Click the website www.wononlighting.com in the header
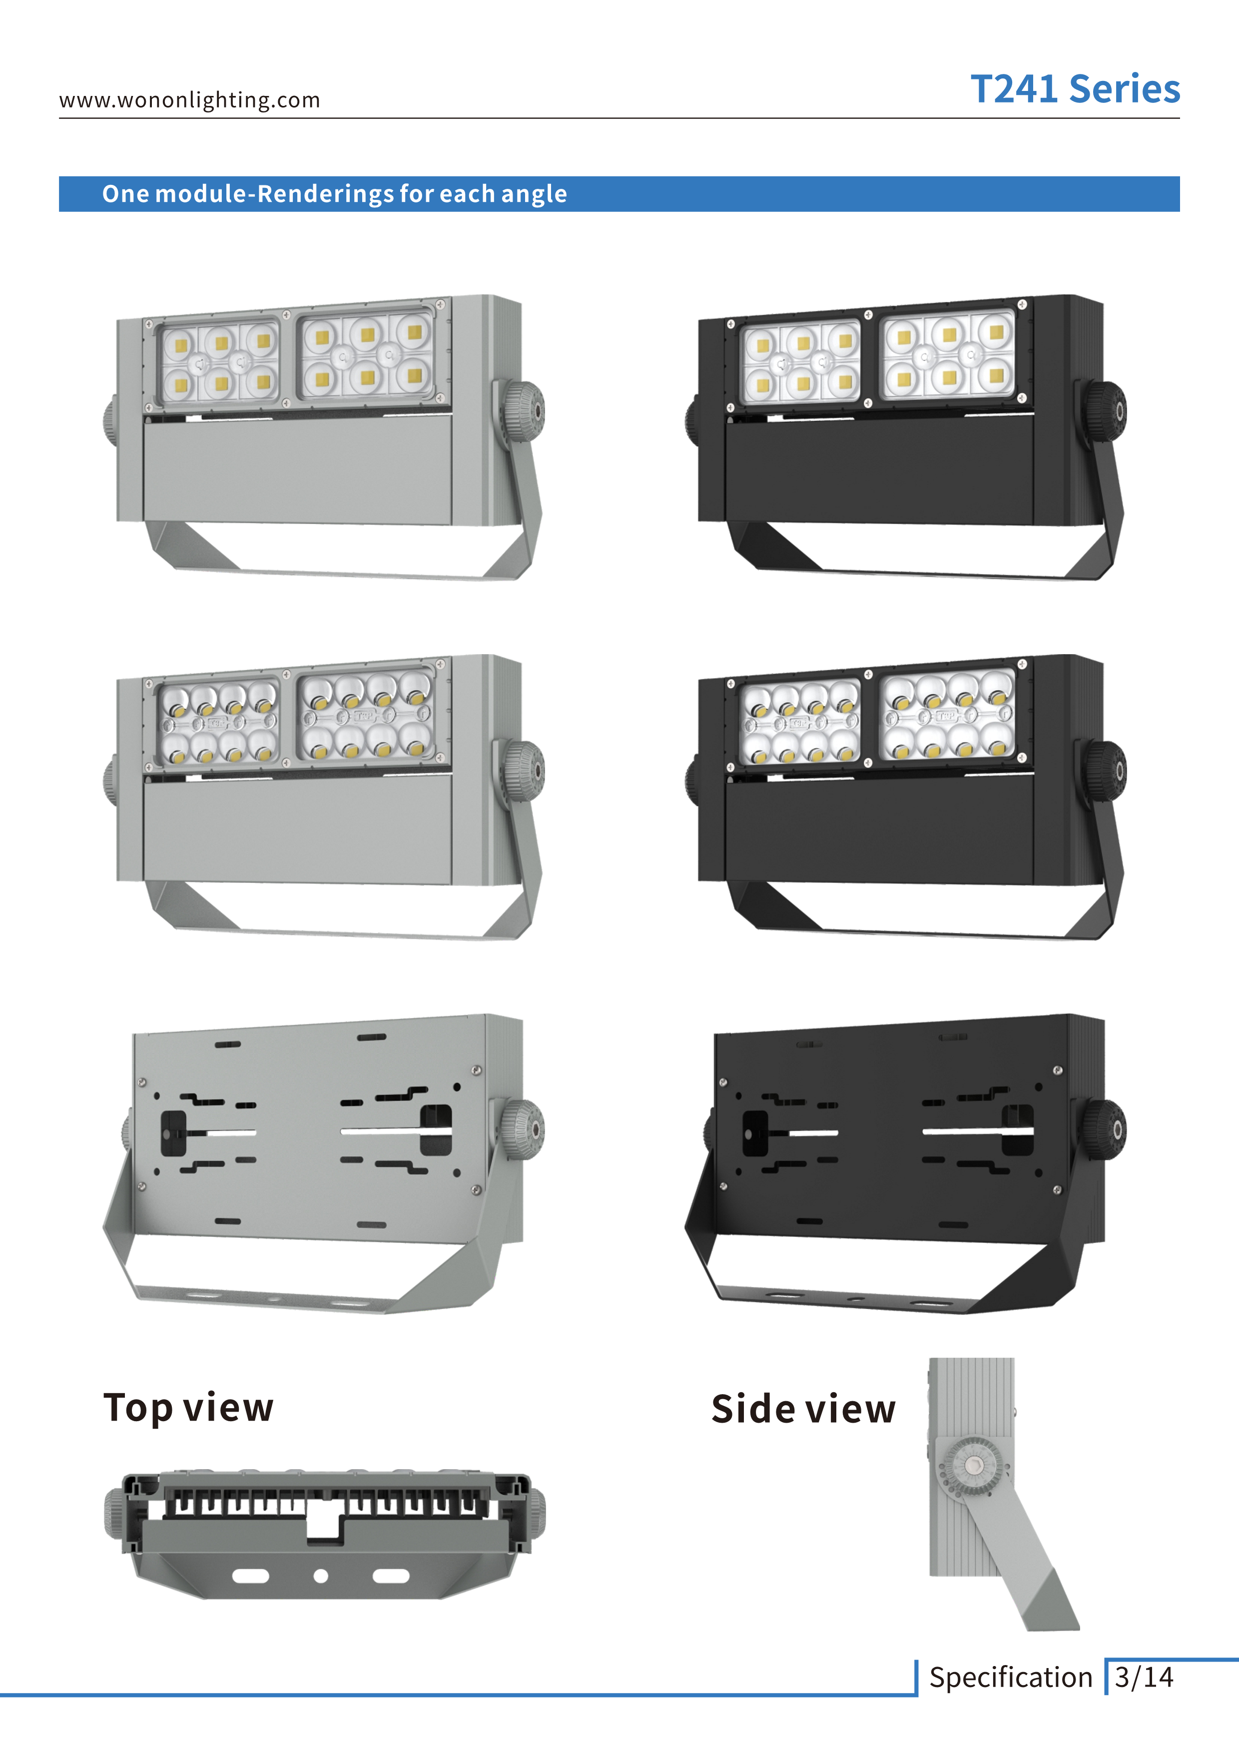tap(189, 100)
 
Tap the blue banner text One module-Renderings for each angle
tap(334, 194)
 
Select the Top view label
tap(188, 1407)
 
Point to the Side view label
tap(803, 1409)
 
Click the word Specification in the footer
tap(1011, 1678)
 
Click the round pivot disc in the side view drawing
tap(973, 1464)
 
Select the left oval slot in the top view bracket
tap(250, 1576)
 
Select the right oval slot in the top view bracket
tap(391, 1576)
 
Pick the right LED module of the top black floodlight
tap(949, 355)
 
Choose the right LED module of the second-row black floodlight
tap(949, 716)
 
